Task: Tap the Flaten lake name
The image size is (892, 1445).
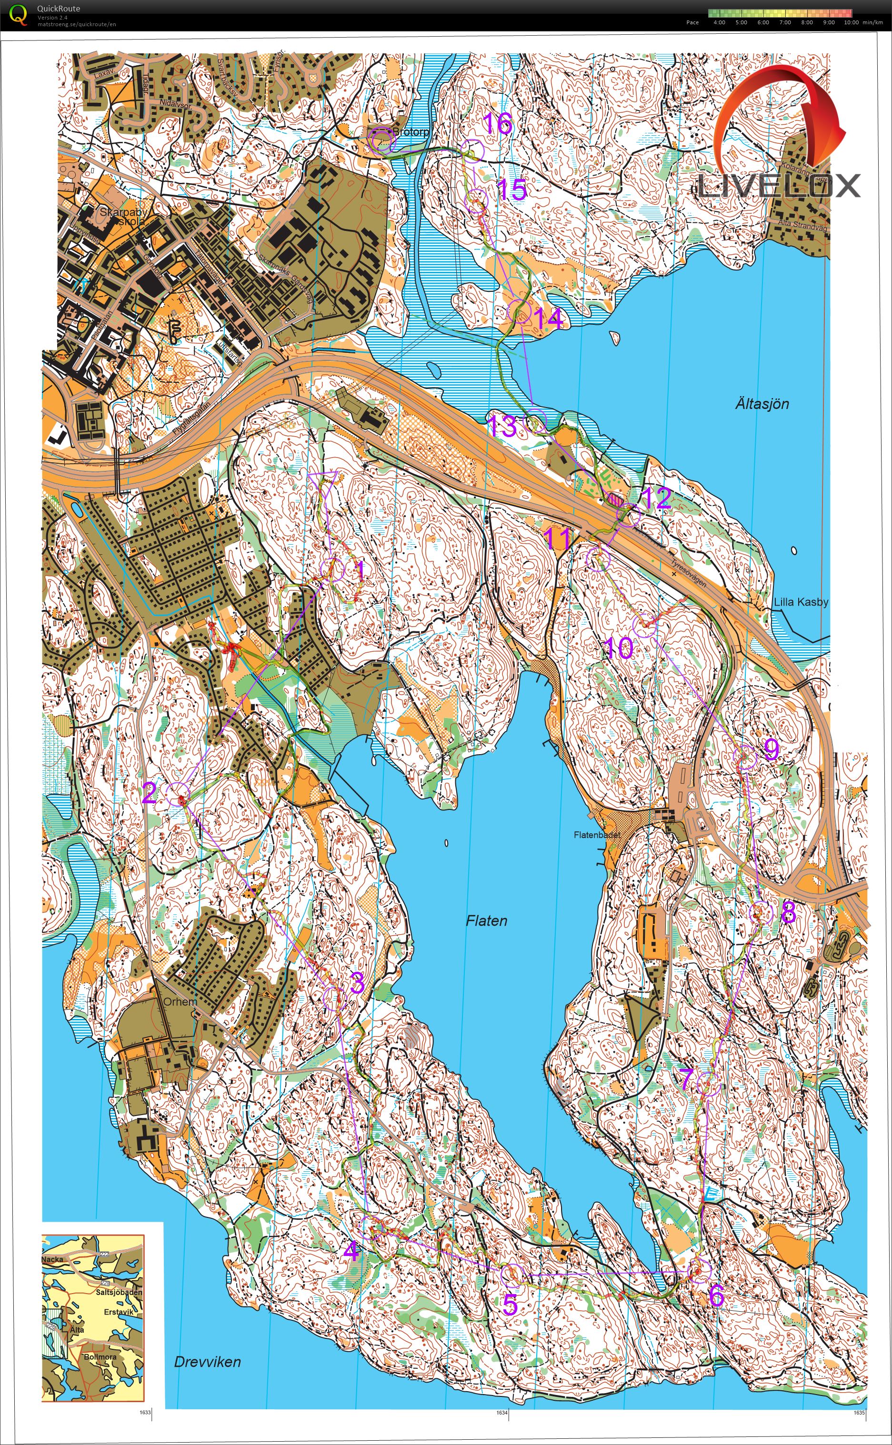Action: point(486,921)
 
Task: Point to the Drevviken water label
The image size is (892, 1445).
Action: point(207,1362)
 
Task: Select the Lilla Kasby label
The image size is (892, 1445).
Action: point(801,602)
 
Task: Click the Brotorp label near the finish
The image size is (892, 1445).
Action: point(411,132)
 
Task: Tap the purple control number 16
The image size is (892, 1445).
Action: point(497,124)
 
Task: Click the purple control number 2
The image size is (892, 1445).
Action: point(149,792)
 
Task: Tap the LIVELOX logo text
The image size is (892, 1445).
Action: point(779,186)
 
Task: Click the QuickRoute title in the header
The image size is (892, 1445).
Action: point(59,8)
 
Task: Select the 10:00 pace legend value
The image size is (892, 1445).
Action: point(851,22)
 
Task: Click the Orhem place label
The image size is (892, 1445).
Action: point(180,1001)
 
